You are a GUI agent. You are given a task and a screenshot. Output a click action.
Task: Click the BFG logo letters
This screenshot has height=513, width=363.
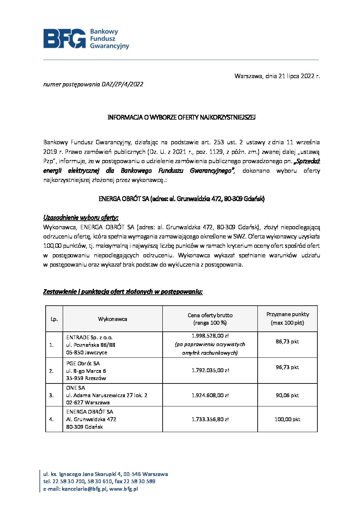(x=65, y=38)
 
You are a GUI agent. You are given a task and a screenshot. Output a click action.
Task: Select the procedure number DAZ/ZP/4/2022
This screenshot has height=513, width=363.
(x=122, y=84)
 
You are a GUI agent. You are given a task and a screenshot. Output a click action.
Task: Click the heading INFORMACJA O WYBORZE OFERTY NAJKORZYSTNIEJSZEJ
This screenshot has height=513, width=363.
(x=181, y=117)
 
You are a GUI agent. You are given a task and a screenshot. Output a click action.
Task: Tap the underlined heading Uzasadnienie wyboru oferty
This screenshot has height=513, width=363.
(x=81, y=218)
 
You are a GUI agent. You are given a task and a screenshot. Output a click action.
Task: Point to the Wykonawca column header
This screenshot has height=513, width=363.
(x=113, y=319)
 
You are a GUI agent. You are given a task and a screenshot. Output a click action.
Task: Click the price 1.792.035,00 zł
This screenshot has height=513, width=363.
(x=210, y=370)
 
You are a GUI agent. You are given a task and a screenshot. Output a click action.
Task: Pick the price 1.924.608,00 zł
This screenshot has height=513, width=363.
(x=210, y=395)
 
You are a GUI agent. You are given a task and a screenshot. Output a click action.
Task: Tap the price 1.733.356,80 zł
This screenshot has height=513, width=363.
(x=210, y=419)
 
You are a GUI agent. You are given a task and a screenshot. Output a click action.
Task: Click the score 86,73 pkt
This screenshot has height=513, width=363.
(x=288, y=342)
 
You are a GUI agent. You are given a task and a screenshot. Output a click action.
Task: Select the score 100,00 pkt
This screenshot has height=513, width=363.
(x=288, y=419)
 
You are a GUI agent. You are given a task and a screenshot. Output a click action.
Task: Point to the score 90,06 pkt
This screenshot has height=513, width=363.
(x=288, y=395)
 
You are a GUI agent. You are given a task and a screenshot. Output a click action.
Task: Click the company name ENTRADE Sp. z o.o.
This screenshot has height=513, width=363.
(x=89, y=338)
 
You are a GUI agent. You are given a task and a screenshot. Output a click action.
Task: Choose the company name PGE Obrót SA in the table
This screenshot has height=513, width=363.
(x=83, y=363)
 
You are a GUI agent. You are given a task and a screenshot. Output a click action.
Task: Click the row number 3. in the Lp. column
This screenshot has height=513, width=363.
(x=51, y=395)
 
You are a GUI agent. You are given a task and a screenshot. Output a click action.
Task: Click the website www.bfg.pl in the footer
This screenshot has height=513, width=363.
(x=124, y=489)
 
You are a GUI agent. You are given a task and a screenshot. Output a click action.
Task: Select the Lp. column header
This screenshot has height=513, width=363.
(x=54, y=319)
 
